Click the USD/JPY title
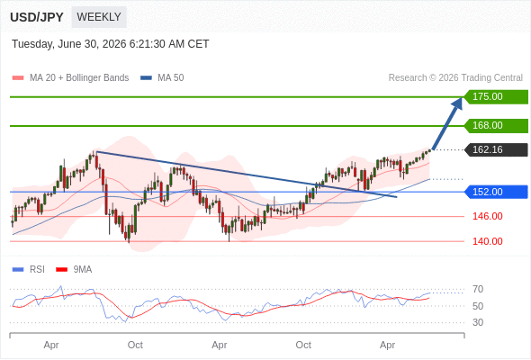37,17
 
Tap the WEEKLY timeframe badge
99,17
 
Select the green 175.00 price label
496,97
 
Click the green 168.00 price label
496,126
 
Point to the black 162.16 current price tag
496,149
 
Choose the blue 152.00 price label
496,192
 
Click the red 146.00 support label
487,216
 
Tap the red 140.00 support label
487,241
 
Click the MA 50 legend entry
162,78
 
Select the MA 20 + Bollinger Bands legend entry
70,78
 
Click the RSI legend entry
29,270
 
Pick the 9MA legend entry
74,270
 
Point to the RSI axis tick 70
478,289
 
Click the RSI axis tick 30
478,322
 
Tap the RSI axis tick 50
478,306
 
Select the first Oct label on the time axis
135,345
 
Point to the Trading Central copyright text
455,78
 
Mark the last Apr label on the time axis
387,345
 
